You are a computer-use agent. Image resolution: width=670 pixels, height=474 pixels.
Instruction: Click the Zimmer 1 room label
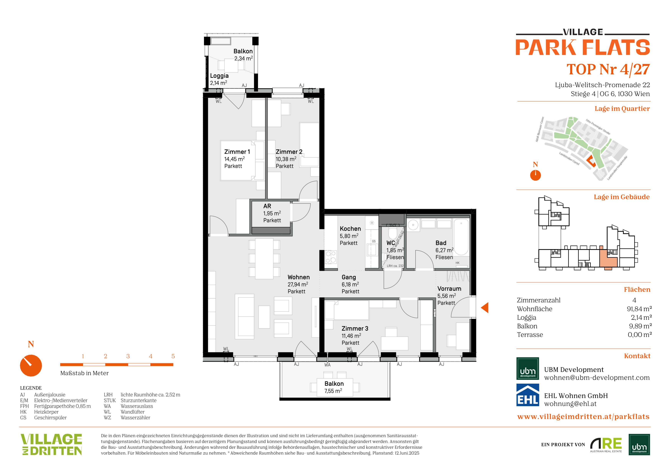coord(237,152)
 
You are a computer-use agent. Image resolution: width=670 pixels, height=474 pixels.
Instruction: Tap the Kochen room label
coord(350,229)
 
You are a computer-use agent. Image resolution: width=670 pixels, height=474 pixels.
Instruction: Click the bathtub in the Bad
coord(461,237)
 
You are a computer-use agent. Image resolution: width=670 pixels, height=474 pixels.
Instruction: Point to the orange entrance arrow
coord(485,308)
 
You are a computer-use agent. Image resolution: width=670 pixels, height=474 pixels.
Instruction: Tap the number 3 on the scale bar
coord(128,356)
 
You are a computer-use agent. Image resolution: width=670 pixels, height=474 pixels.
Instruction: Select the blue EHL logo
coord(528,395)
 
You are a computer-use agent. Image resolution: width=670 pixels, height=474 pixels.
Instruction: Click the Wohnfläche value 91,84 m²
coord(639,309)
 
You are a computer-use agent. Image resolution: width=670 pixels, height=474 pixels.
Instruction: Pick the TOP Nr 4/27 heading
coord(608,70)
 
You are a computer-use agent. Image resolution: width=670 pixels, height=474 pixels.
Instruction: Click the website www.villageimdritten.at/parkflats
coord(583,417)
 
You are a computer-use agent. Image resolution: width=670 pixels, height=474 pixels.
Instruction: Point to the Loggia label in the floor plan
coord(219,76)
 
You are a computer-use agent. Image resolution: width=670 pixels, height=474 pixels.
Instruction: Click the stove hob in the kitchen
coord(331,257)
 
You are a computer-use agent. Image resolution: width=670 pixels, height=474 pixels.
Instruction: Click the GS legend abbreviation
coord(23,418)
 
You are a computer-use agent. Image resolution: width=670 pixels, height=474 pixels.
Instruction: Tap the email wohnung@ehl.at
coord(570,404)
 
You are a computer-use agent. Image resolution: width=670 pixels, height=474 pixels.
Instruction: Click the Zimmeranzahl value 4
coord(634,300)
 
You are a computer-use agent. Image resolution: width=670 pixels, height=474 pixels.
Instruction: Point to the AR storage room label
coord(267,206)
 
